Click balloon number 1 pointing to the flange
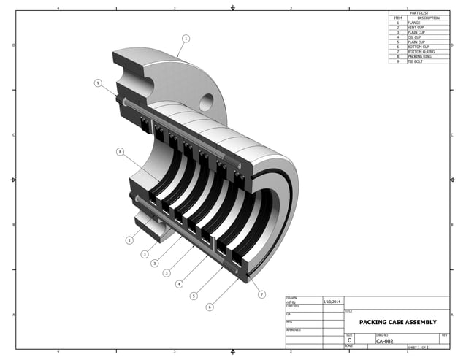point(186,38)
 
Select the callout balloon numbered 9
point(98,83)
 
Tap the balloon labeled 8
point(120,152)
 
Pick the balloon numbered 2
point(129,240)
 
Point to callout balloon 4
point(179,284)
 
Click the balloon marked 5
point(194,296)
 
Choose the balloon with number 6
point(210,307)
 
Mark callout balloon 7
point(261,294)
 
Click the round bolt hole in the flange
point(206,102)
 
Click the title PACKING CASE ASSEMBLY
point(397,321)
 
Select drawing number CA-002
point(385,340)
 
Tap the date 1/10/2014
point(332,301)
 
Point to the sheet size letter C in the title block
point(349,340)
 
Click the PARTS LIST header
point(419,13)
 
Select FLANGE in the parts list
point(414,23)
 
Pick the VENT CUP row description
point(416,28)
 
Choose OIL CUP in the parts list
point(414,37)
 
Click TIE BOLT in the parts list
point(415,61)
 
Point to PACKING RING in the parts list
point(419,57)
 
